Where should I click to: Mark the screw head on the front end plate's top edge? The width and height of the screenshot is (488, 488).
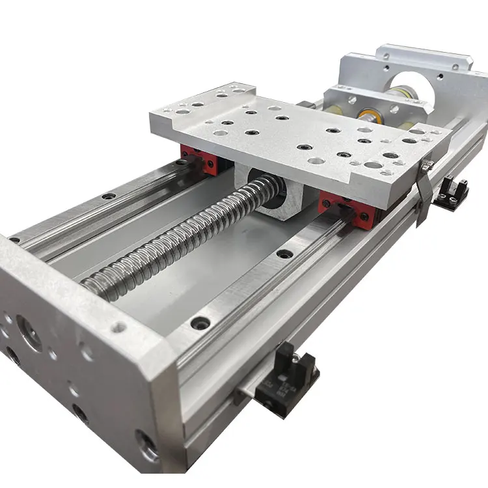[118, 327]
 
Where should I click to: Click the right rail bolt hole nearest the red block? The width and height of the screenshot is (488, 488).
[284, 253]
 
